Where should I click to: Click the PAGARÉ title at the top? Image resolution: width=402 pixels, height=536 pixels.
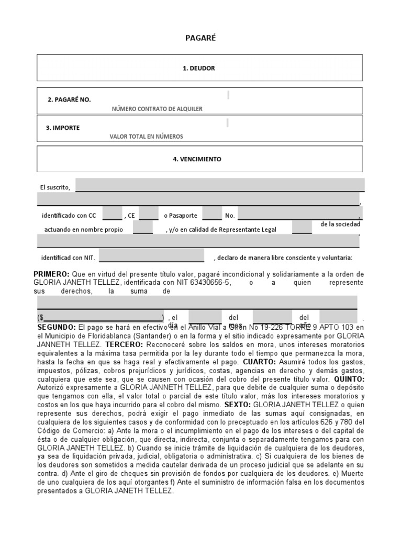tap(201, 38)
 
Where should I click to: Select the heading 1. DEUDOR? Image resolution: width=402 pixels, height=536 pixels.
tap(199, 68)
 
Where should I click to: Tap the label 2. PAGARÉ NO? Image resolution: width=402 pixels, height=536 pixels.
tap(69, 99)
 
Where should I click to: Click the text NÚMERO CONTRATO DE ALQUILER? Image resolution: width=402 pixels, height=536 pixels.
tap(157, 109)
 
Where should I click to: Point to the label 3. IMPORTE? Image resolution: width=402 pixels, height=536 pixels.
tap(63, 127)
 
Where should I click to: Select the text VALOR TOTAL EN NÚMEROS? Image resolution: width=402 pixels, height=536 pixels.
tap(147, 137)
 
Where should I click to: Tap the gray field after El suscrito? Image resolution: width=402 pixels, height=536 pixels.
tap(220, 185)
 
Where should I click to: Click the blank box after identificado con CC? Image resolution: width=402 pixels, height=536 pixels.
tap(112, 214)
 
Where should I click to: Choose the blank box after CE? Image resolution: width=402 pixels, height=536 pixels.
tap(148, 214)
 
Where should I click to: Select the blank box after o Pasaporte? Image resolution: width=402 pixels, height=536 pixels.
tap(211, 214)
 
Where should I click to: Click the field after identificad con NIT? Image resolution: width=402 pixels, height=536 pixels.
tap(151, 256)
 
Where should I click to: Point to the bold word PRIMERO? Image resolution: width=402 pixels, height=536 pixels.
tap(51, 274)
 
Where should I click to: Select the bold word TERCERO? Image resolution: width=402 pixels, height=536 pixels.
tap(124, 345)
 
